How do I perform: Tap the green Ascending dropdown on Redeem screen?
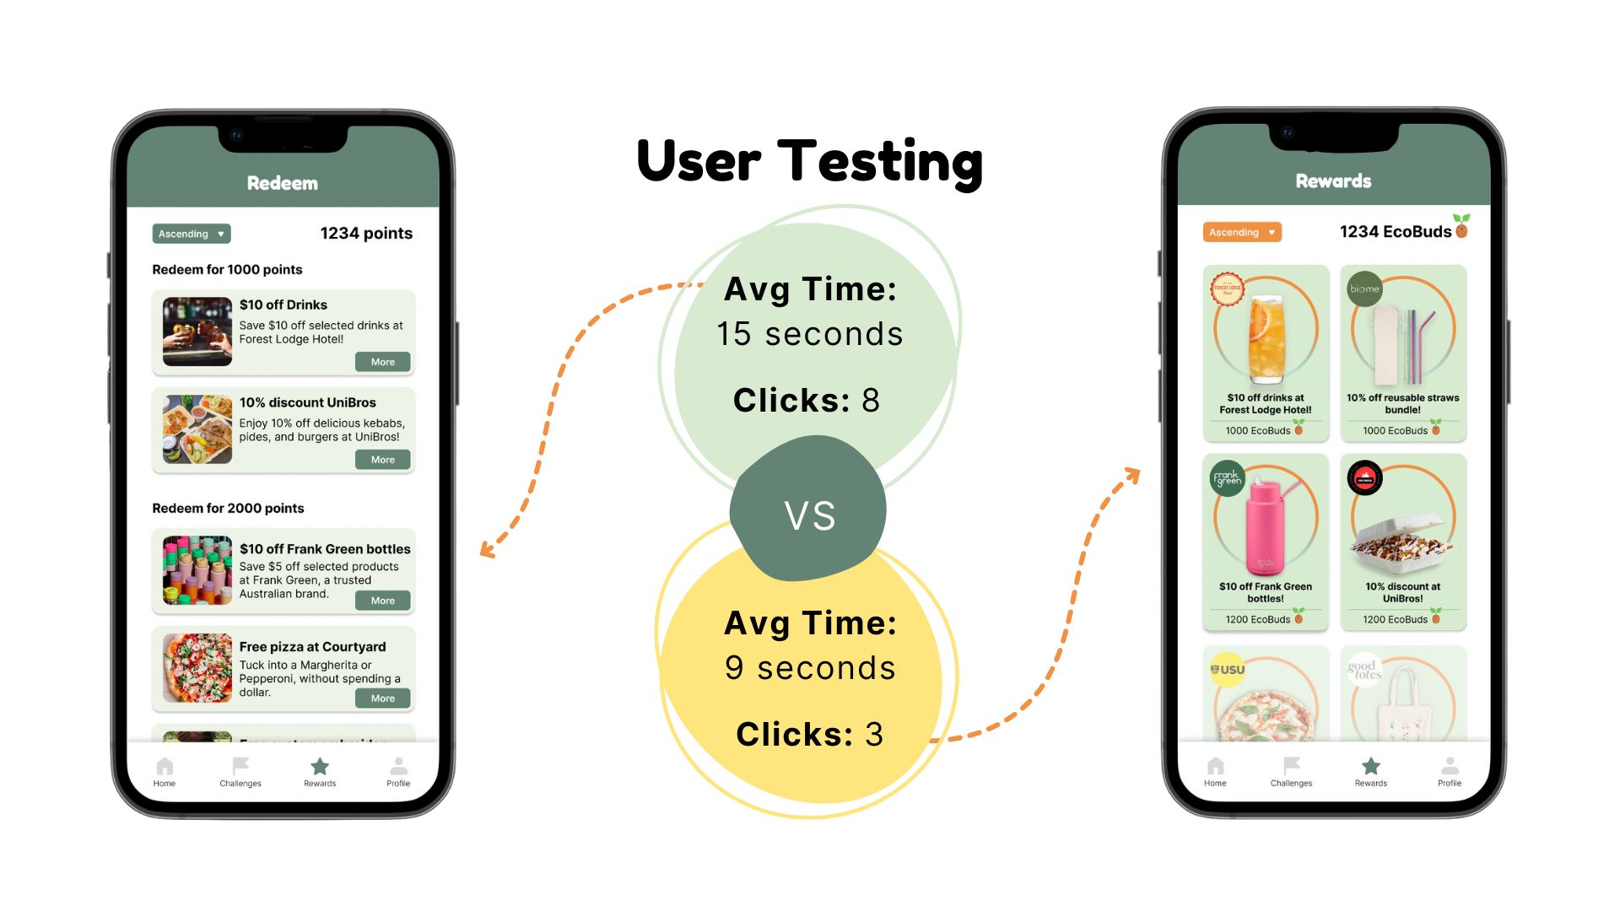pyautogui.click(x=192, y=234)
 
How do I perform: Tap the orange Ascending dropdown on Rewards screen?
pyautogui.click(x=1242, y=232)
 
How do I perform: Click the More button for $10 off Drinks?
pyautogui.click(x=383, y=362)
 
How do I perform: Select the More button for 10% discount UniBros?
pyautogui.click(x=383, y=460)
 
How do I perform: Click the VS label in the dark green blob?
pyautogui.click(x=809, y=515)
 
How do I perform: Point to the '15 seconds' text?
pyautogui.click(x=810, y=334)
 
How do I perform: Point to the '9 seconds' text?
pyautogui.click(x=810, y=668)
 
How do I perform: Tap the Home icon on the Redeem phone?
pyautogui.click(x=165, y=767)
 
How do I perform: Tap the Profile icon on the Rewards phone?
pyautogui.click(x=1450, y=767)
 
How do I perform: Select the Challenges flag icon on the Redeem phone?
pyautogui.click(x=240, y=766)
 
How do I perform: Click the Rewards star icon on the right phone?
pyautogui.click(x=1371, y=766)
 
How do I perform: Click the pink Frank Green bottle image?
pyautogui.click(x=1266, y=527)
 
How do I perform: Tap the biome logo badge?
pyautogui.click(x=1364, y=288)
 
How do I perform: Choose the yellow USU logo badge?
pyautogui.click(x=1228, y=670)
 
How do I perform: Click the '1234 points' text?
pyautogui.click(x=366, y=234)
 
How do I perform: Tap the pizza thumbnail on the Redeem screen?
pyautogui.click(x=197, y=668)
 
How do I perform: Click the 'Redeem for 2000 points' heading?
pyautogui.click(x=228, y=508)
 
